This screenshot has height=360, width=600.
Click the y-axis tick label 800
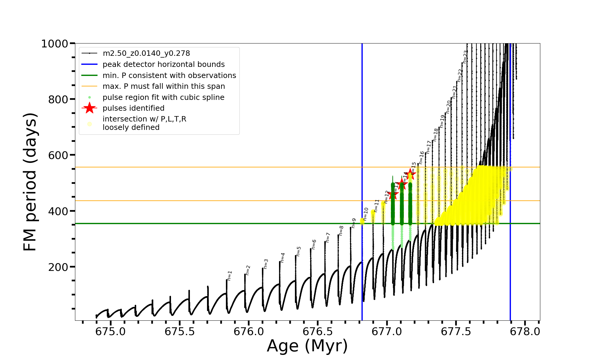[x=58, y=99]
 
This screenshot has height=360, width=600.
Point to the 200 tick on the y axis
[x=58, y=267]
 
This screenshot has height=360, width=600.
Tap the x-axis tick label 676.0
[x=248, y=332]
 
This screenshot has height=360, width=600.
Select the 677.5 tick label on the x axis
[x=456, y=332]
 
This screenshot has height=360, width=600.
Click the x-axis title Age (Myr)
[x=307, y=346]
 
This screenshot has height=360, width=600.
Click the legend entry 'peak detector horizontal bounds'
[x=163, y=64]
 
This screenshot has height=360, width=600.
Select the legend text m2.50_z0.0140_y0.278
[x=146, y=53]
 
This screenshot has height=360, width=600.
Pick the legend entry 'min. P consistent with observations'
[x=169, y=75]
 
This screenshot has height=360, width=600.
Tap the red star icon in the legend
[x=89, y=108]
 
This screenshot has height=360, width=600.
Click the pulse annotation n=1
[x=230, y=275]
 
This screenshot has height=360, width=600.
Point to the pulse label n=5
[x=298, y=251]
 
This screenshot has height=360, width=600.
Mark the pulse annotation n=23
[x=465, y=56]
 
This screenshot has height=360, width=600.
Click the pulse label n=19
[x=442, y=121]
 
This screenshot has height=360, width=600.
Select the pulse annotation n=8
[x=341, y=230]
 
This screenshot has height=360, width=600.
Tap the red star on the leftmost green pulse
[x=393, y=194]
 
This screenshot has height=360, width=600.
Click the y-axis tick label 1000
[x=55, y=44]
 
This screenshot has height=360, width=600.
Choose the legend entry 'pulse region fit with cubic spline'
[x=163, y=97]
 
